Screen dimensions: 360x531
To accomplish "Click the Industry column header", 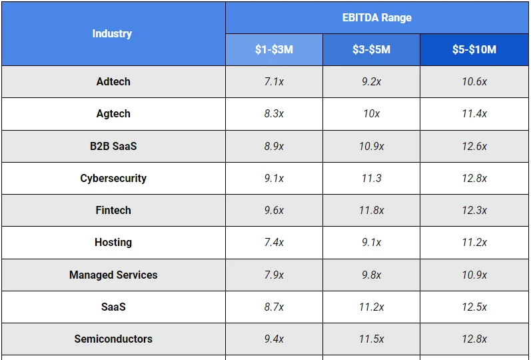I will tap(112, 33).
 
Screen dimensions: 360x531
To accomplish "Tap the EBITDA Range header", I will tap(376, 17).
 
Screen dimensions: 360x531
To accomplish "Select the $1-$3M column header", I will tap(274, 50).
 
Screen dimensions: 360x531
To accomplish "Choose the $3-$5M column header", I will tap(371, 50).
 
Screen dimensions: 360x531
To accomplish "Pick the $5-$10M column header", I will tap(474, 50).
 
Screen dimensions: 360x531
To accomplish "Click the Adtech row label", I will tap(113, 81).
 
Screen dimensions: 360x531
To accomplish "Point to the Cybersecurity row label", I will tap(113, 178).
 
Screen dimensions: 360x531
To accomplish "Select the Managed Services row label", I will tap(113, 275).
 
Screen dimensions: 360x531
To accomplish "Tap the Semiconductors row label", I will tap(113, 339).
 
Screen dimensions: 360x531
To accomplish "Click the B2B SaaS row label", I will tap(113, 146).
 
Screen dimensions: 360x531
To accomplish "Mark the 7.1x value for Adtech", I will tap(274, 81).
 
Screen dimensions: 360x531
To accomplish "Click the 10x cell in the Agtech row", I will tap(371, 114).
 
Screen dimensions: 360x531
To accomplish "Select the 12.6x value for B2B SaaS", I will tap(474, 146).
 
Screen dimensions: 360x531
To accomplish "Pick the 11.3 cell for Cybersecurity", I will tap(371, 178).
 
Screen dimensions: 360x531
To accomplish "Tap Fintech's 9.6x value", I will tap(274, 210).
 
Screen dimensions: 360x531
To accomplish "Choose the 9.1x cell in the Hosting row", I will tap(371, 243).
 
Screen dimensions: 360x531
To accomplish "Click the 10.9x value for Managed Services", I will tap(474, 275).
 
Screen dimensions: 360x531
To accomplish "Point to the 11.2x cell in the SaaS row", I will tap(371, 307).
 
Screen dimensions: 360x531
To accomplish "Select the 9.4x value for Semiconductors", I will tap(274, 339).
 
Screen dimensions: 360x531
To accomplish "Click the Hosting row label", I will tap(113, 243).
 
